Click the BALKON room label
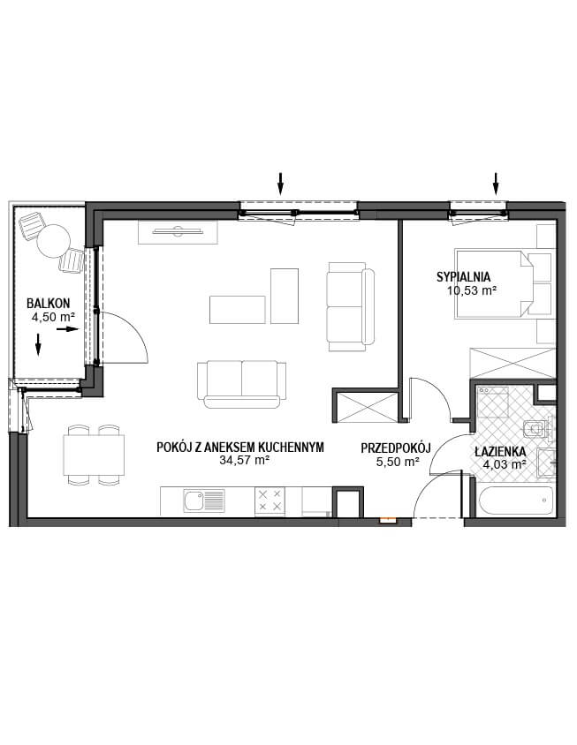[x=48, y=303]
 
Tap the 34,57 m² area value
[x=245, y=460]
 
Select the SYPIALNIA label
[x=463, y=276]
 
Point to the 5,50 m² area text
[x=398, y=462]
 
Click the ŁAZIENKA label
[x=500, y=452]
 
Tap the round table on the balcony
[x=53, y=240]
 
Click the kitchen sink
[x=204, y=501]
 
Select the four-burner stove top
[x=270, y=500]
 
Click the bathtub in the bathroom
[x=516, y=500]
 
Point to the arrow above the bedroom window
[x=496, y=184]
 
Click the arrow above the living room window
[x=281, y=184]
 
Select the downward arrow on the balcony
[x=38, y=344]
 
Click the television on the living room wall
[x=178, y=231]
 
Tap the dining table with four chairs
[x=94, y=455]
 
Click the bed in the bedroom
[x=494, y=282]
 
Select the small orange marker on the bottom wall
[x=386, y=520]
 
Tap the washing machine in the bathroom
[x=494, y=402]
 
